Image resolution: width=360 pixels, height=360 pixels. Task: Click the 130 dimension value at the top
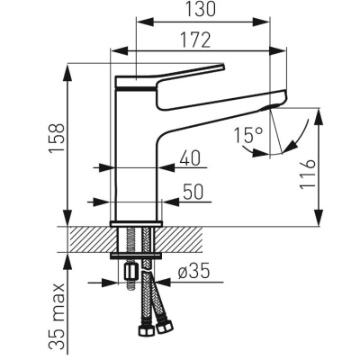[201, 9]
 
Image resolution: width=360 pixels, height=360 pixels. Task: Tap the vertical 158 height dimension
[57, 138]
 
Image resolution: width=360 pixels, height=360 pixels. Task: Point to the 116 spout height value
[308, 174]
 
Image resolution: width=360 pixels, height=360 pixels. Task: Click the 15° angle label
[248, 135]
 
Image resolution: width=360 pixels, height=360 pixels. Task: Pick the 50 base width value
[193, 192]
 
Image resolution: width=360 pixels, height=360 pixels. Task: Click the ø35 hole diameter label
[193, 272]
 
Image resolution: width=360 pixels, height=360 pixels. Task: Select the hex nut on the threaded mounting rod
[130, 271]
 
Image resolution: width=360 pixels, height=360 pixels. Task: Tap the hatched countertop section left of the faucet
[94, 239]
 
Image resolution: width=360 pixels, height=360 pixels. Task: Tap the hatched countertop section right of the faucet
[179, 239]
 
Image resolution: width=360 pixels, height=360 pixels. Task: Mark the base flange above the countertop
[137, 224]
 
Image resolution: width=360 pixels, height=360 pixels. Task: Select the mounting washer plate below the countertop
[136, 256]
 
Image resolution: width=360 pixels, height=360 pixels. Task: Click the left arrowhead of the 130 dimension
[145, 22]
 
